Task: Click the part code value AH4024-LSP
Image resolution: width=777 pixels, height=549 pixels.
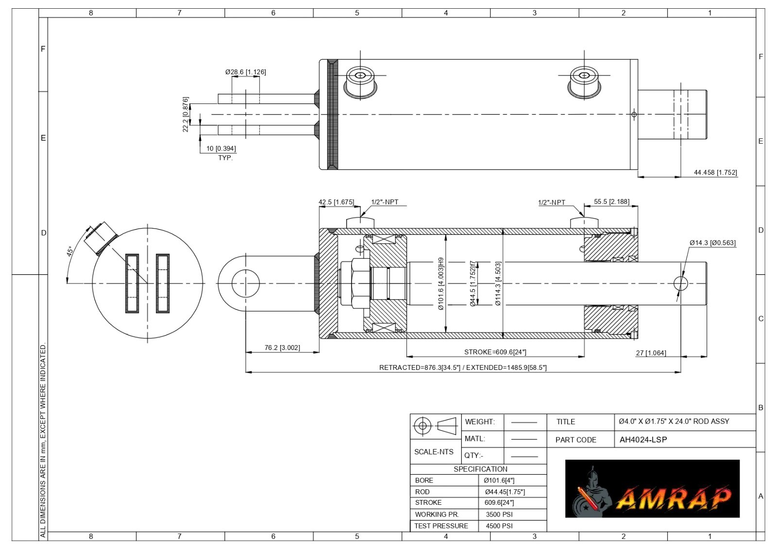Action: coord(643,440)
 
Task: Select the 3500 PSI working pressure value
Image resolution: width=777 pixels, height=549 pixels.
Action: coord(499,515)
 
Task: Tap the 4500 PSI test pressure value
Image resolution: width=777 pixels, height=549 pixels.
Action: coord(499,526)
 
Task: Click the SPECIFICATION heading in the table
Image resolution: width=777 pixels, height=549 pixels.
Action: coord(480,469)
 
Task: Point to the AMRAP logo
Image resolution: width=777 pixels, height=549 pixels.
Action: coord(653,489)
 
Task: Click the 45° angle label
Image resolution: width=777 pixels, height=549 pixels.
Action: coord(70,251)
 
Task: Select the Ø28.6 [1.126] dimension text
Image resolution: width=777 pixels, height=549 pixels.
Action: coord(246,72)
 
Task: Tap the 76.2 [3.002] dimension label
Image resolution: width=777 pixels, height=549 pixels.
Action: coord(282,348)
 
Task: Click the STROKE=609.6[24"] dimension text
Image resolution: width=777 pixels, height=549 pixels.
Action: coord(495,352)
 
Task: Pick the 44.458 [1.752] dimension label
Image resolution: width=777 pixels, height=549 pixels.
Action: coord(715,172)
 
